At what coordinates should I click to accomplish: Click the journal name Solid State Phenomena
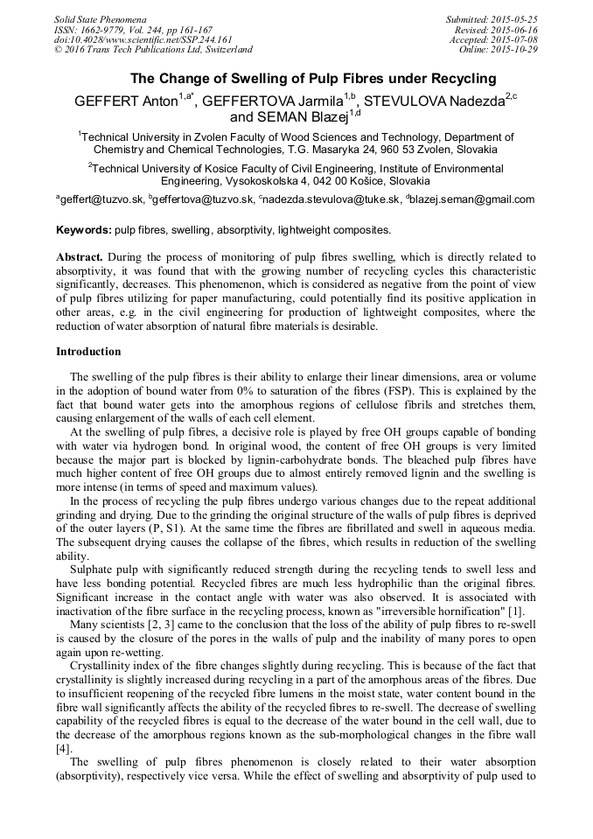coord(100,19)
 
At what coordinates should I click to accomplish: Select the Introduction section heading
coord(88,352)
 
